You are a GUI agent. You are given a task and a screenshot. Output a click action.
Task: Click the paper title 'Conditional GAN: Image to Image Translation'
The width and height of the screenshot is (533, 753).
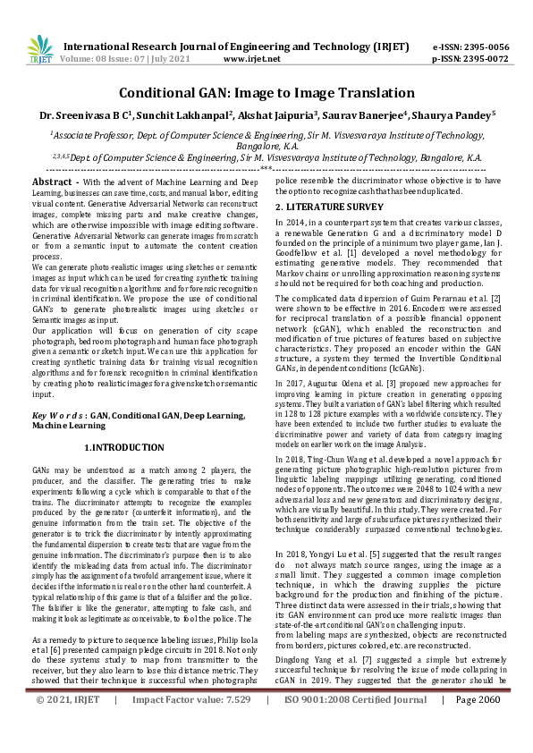(x=266, y=92)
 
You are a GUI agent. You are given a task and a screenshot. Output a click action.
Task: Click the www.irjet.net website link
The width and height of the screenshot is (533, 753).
(x=251, y=59)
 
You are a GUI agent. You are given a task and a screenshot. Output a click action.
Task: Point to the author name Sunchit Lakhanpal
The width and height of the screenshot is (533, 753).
(x=186, y=114)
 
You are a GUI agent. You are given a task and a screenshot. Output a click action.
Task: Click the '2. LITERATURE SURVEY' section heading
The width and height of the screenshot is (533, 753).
(x=328, y=207)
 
